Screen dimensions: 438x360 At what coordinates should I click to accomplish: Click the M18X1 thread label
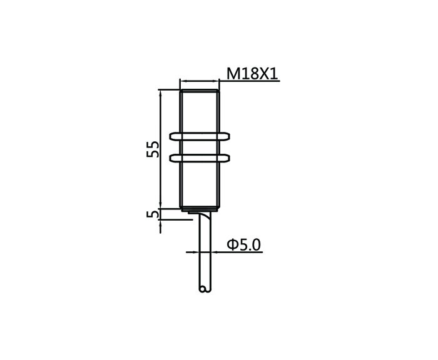coord(252,74)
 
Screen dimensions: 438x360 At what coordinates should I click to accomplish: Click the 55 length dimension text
coord(153,149)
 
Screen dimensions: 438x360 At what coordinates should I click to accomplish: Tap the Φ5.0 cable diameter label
coord(243,245)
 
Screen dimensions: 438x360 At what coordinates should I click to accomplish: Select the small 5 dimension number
coord(153,214)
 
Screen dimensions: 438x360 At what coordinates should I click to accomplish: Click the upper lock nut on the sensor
coord(200,136)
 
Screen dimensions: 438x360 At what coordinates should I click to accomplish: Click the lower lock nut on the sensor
coord(200,158)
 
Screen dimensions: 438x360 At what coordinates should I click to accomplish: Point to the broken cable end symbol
coord(205,289)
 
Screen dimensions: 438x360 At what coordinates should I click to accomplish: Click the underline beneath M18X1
coord(249,81)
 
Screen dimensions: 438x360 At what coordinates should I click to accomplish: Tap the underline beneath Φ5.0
coord(237,252)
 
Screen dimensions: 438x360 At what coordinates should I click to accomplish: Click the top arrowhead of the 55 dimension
coord(160,93)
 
